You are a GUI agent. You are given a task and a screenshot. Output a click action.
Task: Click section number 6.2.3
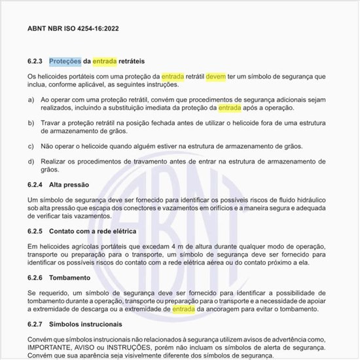(35, 62)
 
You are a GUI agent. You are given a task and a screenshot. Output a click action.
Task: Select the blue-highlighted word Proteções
(65, 62)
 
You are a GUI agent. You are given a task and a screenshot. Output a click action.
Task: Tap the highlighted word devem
(215, 76)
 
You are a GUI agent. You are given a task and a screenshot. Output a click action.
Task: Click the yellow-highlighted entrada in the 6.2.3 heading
(104, 62)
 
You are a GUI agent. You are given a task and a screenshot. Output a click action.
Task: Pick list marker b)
(31, 122)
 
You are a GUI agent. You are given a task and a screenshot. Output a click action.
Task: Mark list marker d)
(31, 161)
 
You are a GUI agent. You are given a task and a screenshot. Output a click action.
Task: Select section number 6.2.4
(35, 185)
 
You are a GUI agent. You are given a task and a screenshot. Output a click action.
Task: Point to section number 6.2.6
(35, 277)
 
